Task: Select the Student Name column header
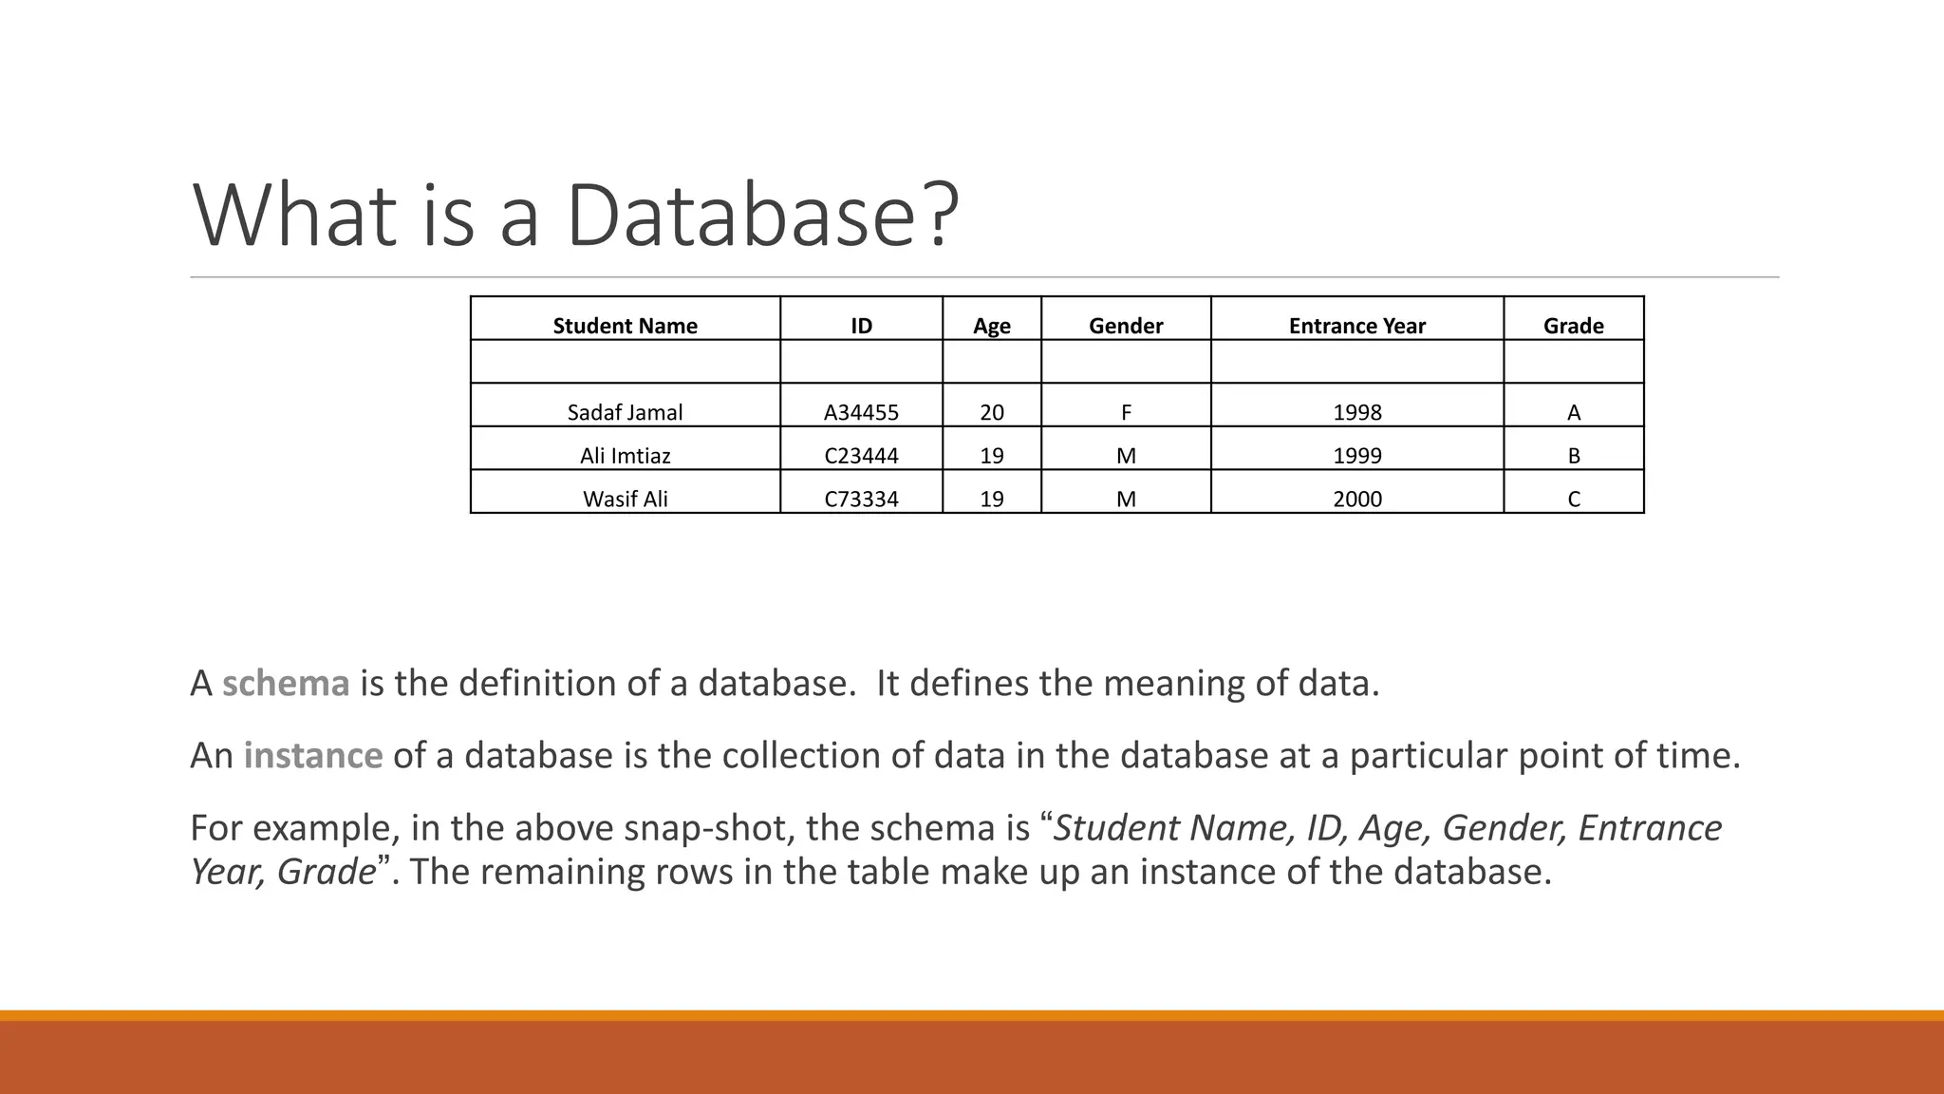point(625,326)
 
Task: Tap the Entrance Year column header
point(1356,326)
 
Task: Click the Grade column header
point(1573,326)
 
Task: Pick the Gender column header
point(1126,326)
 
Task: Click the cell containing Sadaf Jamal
point(625,412)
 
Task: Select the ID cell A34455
point(861,412)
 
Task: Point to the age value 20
point(991,412)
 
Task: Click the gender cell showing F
point(1126,412)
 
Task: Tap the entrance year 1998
point(1356,412)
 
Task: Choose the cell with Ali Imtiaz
point(625,456)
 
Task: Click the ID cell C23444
point(861,456)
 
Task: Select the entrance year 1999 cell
point(1356,456)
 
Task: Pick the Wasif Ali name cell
point(625,499)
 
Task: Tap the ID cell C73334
point(861,499)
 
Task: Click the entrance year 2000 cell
point(1356,499)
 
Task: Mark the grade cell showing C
point(1573,499)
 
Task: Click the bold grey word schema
point(286,684)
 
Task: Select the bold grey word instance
point(313,756)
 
